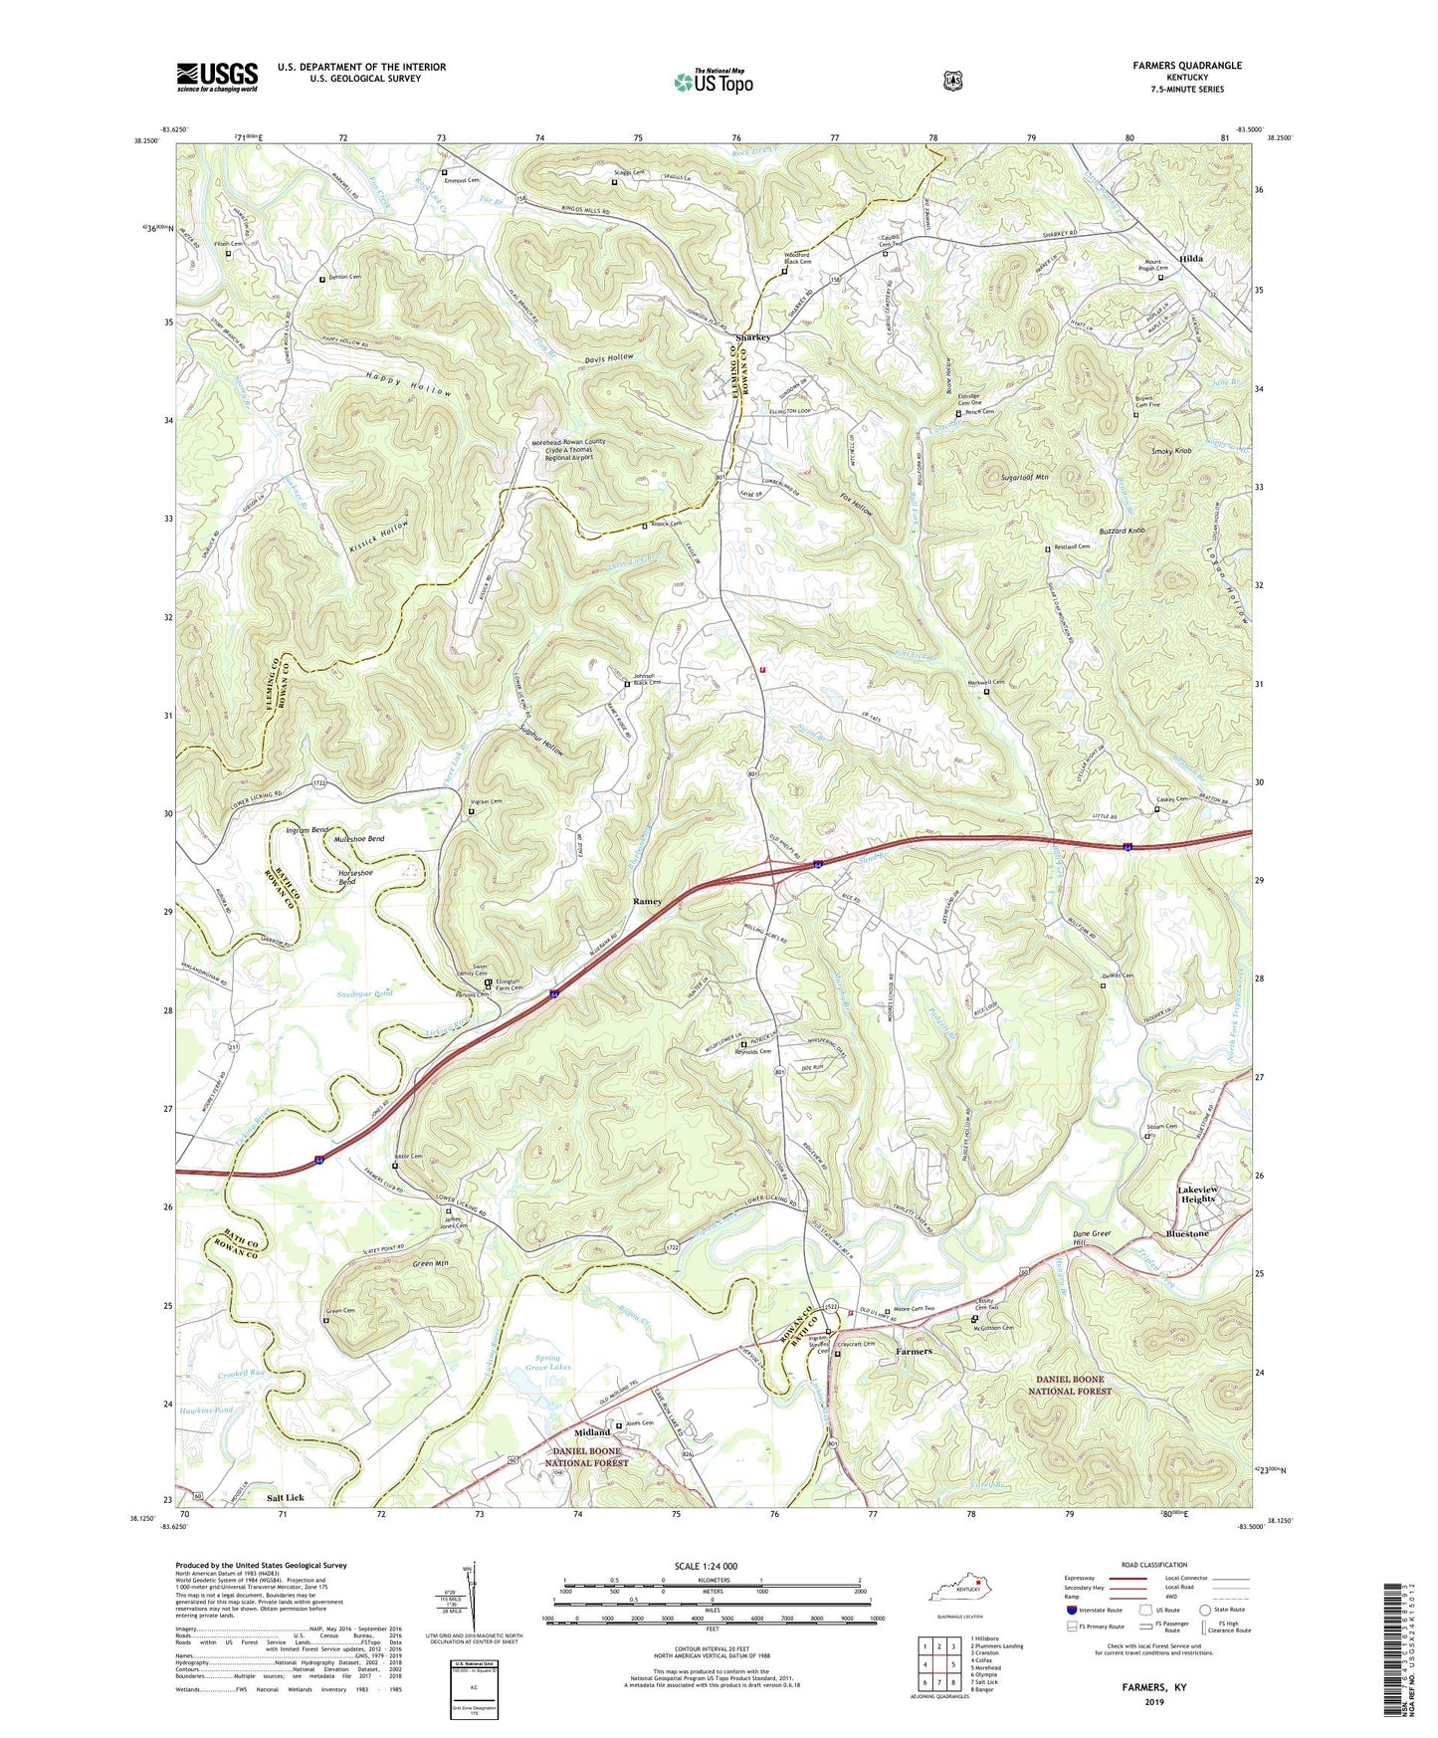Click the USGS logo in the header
coord(217,77)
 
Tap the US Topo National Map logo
coord(713,81)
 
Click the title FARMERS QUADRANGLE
coord(1186,66)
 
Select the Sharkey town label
coord(752,337)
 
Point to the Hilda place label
coord(1190,259)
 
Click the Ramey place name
coord(647,901)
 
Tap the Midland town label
coord(592,1432)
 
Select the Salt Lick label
coord(286,1497)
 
